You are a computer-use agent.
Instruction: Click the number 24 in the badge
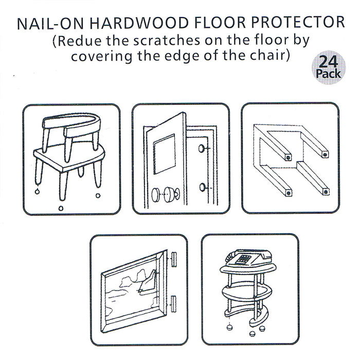click(x=328, y=63)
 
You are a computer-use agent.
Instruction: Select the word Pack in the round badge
click(x=328, y=74)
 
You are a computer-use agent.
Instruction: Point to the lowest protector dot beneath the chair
click(x=61, y=208)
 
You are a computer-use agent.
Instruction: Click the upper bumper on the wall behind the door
click(x=204, y=150)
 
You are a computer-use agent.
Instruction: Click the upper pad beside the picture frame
click(x=175, y=256)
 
